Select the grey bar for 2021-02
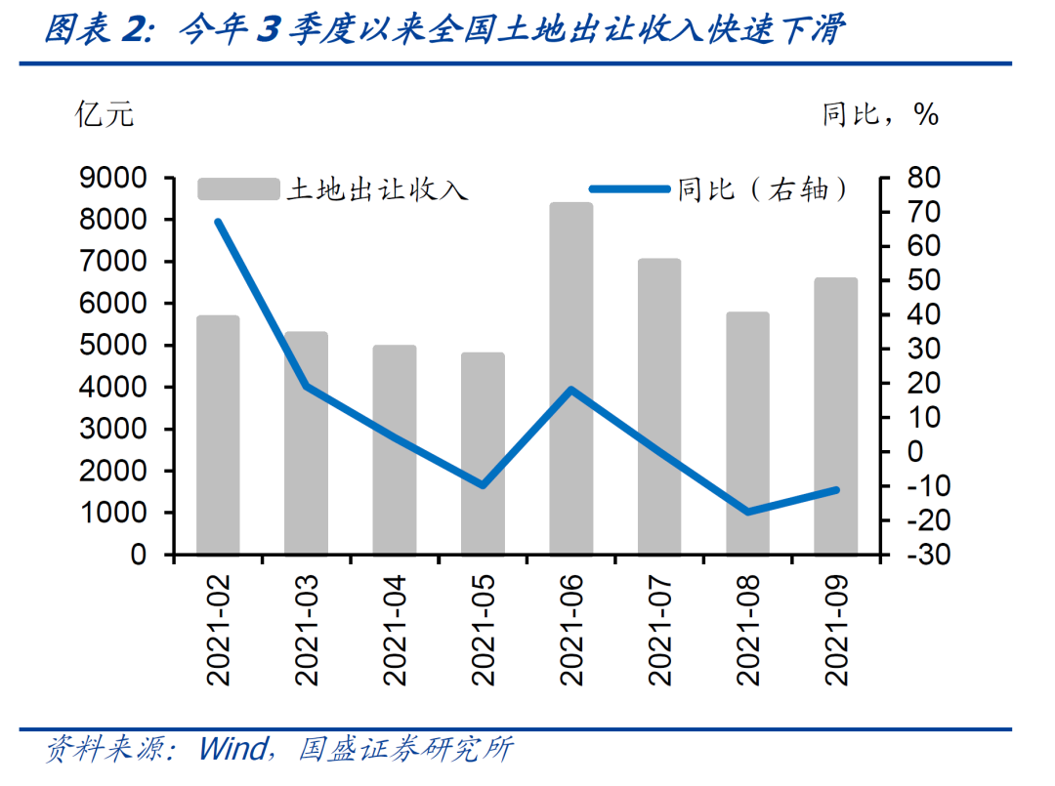(218, 434)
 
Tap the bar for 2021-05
(483, 453)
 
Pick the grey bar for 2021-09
(836, 416)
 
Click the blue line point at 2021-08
(748, 512)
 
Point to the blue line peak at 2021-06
(571, 390)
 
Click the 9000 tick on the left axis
(119, 179)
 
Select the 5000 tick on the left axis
(119, 346)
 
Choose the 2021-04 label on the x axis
(395, 634)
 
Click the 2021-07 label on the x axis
(659, 634)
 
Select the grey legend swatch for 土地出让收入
(237, 188)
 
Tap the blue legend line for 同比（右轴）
(630, 188)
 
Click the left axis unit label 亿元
(105, 115)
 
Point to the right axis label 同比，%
(879, 115)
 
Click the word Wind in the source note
(232, 750)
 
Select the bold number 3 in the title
(266, 32)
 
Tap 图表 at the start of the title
(73, 32)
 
